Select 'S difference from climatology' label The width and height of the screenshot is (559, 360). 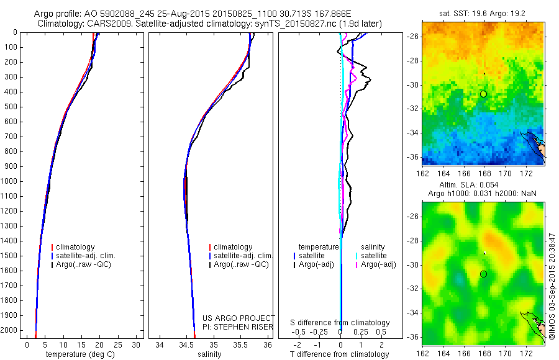pyautogui.click(x=340, y=323)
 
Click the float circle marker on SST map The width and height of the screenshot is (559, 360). pyautogui.click(x=483, y=94)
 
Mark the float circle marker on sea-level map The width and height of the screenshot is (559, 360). pyautogui.click(x=483, y=274)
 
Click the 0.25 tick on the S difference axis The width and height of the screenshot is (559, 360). pyautogui.click(x=360, y=331)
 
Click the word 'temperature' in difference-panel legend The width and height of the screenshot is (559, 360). pyautogui.click(x=319, y=247)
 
